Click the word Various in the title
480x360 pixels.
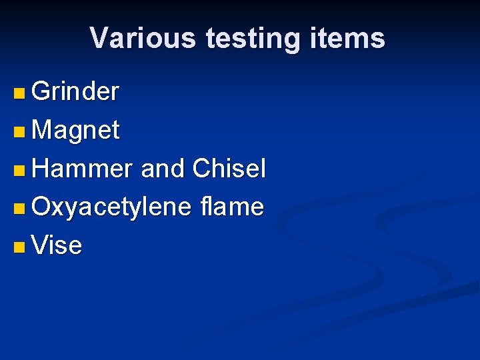(x=142, y=38)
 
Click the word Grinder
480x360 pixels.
(x=75, y=92)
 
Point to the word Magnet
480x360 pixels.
(x=75, y=131)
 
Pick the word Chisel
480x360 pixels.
(x=229, y=169)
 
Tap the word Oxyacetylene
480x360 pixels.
(x=111, y=207)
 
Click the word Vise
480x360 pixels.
(x=57, y=246)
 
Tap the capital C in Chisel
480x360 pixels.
(x=201, y=169)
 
